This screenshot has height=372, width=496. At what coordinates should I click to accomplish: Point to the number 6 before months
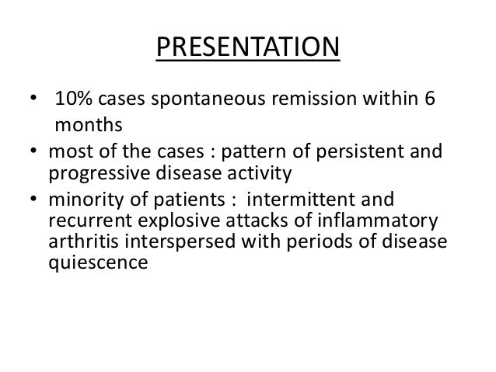coord(430,101)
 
